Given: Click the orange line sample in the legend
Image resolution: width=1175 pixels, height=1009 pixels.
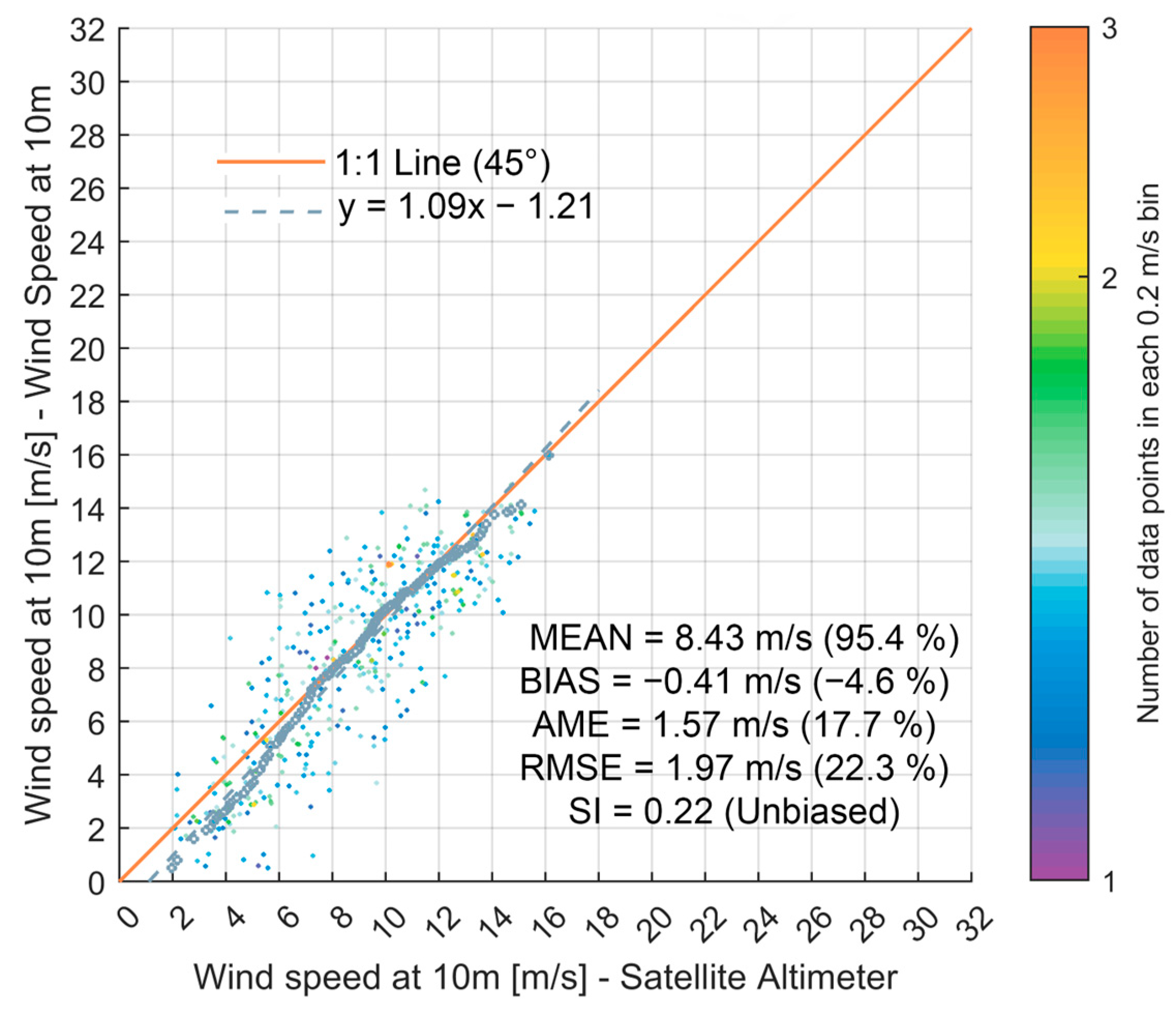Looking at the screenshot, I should point(271,162).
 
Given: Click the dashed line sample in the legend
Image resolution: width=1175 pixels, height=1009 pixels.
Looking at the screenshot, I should point(274,212).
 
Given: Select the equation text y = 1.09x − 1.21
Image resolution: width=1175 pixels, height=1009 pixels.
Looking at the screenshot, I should point(465,206).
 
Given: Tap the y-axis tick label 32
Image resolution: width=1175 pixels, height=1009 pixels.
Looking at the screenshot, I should point(88,29).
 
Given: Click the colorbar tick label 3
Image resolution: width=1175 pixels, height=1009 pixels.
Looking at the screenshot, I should point(1109,28).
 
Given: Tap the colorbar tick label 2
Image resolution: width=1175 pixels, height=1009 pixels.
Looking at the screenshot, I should point(1109,278).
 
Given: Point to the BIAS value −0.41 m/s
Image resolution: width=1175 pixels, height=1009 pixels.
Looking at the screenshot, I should point(721,681).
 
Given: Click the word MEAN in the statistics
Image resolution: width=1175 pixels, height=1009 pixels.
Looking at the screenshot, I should point(580,638).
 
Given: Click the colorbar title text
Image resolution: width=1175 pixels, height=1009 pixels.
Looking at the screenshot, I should point(1148,453).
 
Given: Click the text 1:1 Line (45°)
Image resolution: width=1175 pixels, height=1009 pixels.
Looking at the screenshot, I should point(442,163).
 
